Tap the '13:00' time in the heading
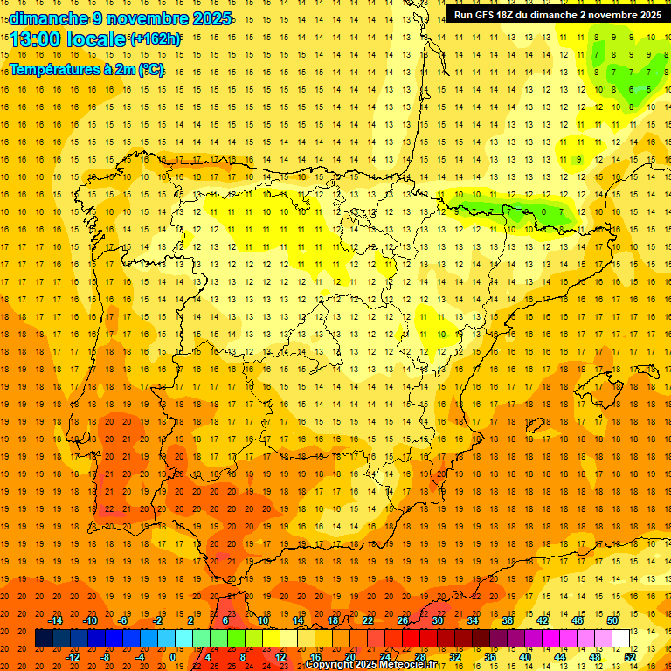tap(31, 39)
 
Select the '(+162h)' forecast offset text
tap(155, 39)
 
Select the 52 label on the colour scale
tap(630, 657)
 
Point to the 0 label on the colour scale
tap(173, 657)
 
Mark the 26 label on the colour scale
tap(403, 620)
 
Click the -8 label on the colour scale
tap(105, 657)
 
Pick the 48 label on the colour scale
tap(595, 657)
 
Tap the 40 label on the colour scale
tap(525, 657)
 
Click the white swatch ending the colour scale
tap(620, 639)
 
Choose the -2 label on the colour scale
tap(158, 620)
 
